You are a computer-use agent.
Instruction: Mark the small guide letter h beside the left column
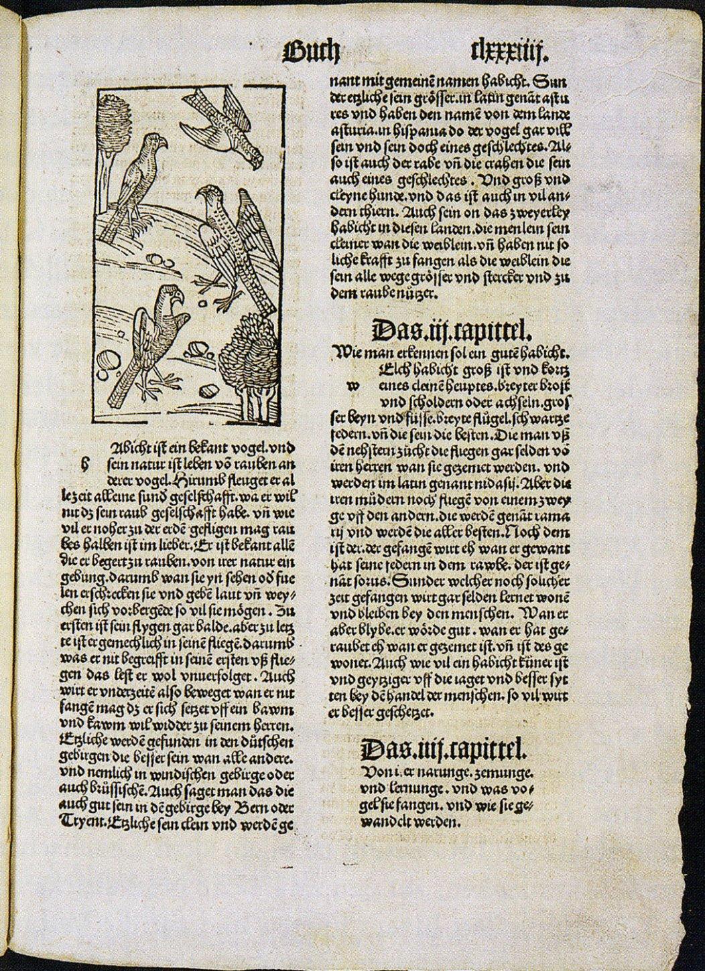coord(85,461)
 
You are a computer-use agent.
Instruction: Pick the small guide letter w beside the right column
coord(352,386)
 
